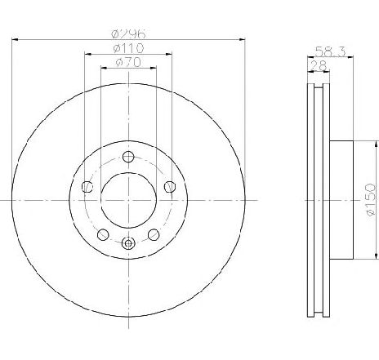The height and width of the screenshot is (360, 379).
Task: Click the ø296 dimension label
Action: click(x=128, y=33)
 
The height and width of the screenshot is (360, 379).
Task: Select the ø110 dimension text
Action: click(x=128, y=48)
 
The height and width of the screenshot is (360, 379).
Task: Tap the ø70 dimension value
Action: click(x=128, y=62)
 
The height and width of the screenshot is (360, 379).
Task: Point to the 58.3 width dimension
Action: click(x=330, y=51)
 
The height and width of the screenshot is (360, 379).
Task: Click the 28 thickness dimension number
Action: click(x=319, y=65)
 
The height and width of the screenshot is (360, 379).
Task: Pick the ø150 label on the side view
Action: click(x=371, y=200)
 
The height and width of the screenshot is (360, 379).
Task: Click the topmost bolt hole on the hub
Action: click(x=128, y=157)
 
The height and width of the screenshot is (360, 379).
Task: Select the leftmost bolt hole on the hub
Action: click(x=87, y=186)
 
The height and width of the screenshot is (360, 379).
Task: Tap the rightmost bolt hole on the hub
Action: click(x=170, y=186)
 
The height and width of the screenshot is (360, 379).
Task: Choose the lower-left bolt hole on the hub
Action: click(x=103, y=234)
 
